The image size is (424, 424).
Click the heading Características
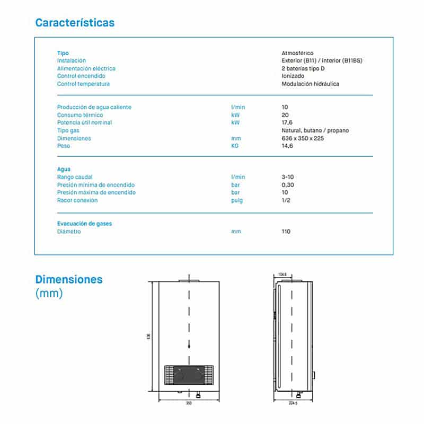75,23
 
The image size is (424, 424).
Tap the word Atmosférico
297,53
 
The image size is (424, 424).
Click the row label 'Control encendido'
81,76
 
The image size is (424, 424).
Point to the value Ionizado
293,76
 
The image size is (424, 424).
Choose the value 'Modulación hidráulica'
310,84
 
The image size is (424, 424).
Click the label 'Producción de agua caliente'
94,107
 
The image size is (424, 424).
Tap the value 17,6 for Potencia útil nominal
287,122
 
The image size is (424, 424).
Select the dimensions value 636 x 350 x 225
303,138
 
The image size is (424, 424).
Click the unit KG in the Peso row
235,146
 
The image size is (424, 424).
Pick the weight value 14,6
287,146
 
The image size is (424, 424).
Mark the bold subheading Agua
64,169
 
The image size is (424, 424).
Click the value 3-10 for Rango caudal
288,177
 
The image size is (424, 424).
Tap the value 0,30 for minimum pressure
288,185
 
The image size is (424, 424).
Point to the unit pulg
237,200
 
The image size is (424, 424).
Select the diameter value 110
286,232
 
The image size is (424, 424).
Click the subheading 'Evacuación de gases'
84,224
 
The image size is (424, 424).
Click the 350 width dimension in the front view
189,403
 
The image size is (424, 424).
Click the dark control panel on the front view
189,375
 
